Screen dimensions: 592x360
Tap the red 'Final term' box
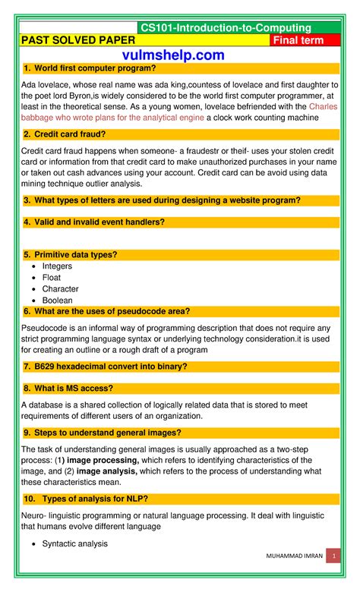click(x=302, y=40)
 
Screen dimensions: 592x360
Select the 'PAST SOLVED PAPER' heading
click(x=71, y=40)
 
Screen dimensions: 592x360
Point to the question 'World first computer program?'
click(x=94, y=69)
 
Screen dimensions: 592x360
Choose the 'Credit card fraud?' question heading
click(x=68, y=134)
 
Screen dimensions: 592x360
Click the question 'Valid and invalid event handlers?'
click(x=99, y=222)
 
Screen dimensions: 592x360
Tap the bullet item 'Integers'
click(x=57, y=266)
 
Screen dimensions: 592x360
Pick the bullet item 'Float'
click(x=52, y=278)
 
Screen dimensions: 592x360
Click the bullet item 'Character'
click(x=60, y=289)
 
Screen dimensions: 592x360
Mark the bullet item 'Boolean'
click(x=58, y=301)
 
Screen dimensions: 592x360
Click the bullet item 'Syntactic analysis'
click(x=74, y=543)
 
